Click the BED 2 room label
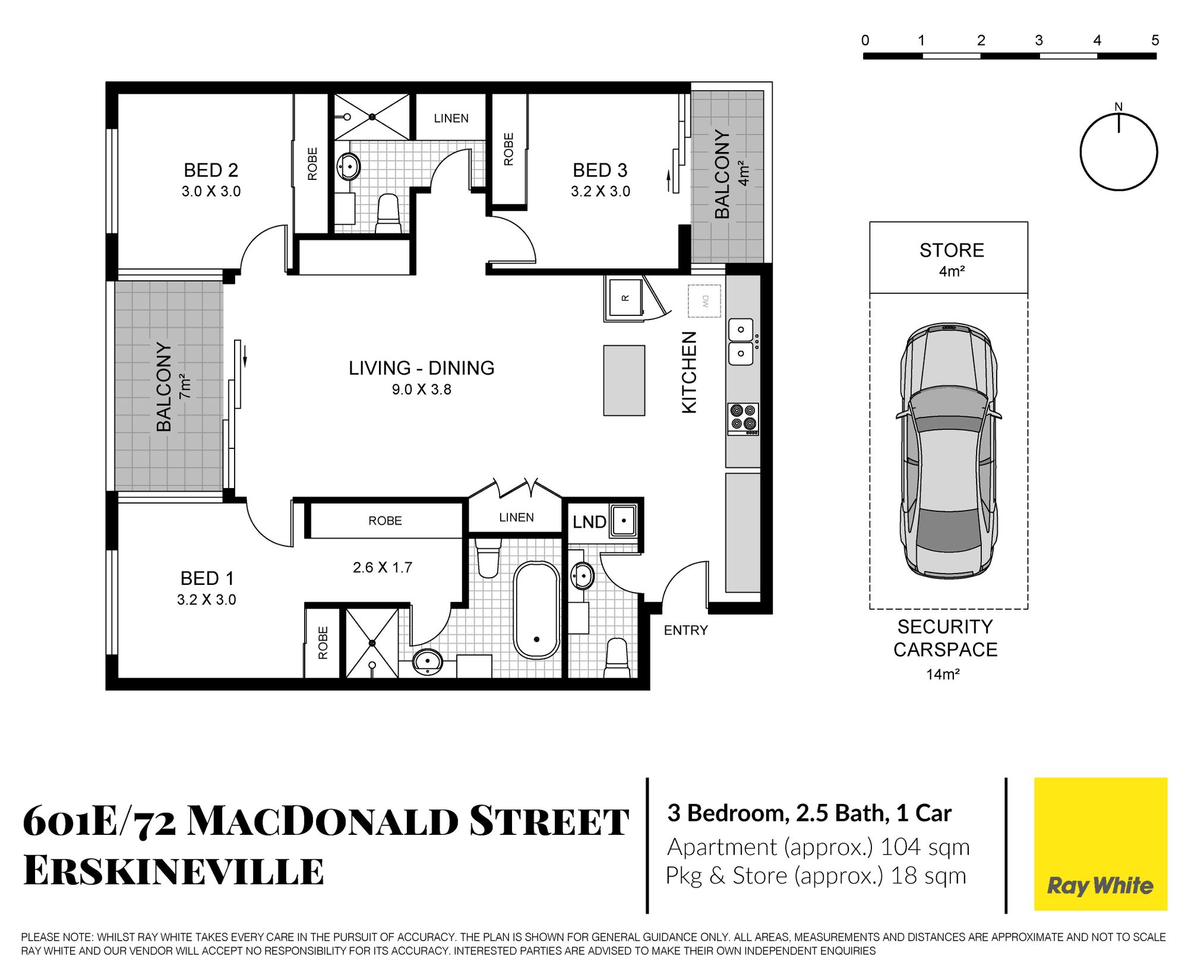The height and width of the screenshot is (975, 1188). tap(211, 170)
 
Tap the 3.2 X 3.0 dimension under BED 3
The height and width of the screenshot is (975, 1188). tap(601, 191)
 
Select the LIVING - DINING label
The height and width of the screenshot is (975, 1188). tap(422, 368)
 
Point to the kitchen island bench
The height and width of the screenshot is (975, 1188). tap(624, 381)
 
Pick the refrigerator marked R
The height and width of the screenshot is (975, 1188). tap(625, 297)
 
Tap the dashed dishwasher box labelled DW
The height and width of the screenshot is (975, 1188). tap(704, 301)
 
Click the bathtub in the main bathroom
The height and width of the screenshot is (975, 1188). tap(536, 610)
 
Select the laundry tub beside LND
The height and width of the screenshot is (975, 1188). tap(624, 521)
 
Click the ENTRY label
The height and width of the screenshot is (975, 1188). tap(686, 631)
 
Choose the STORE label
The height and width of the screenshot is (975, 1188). tap(952, 251)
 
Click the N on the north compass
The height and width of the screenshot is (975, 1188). tap(1119, 107)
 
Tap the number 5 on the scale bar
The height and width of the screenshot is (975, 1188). tap(1155, 40)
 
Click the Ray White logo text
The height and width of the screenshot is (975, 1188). tap(1100, 886)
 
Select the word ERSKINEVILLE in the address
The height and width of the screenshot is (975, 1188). tap(173, 871)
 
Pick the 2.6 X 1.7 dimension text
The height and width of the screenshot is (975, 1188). tap(383, 568)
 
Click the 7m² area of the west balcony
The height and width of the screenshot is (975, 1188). tap(184, 386)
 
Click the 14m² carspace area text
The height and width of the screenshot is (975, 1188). tap(943, 674)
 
